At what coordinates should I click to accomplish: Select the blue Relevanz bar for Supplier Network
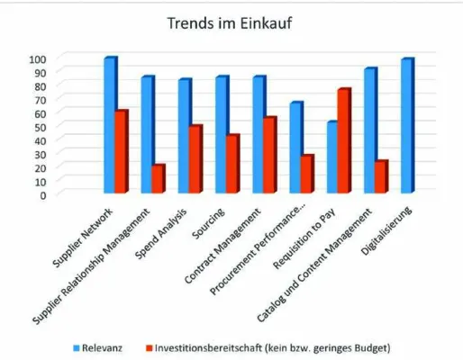(110, 125)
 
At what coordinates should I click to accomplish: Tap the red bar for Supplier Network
(122, 151)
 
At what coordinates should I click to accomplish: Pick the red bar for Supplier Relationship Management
(159, 178)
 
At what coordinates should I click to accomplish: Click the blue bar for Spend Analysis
(184, 136)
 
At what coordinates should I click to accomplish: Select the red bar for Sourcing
(232, 163)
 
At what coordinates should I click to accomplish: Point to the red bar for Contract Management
(269, 155)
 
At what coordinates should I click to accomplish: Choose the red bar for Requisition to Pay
(343, 140)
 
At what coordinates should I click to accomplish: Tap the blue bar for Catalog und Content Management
(368, 130)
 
